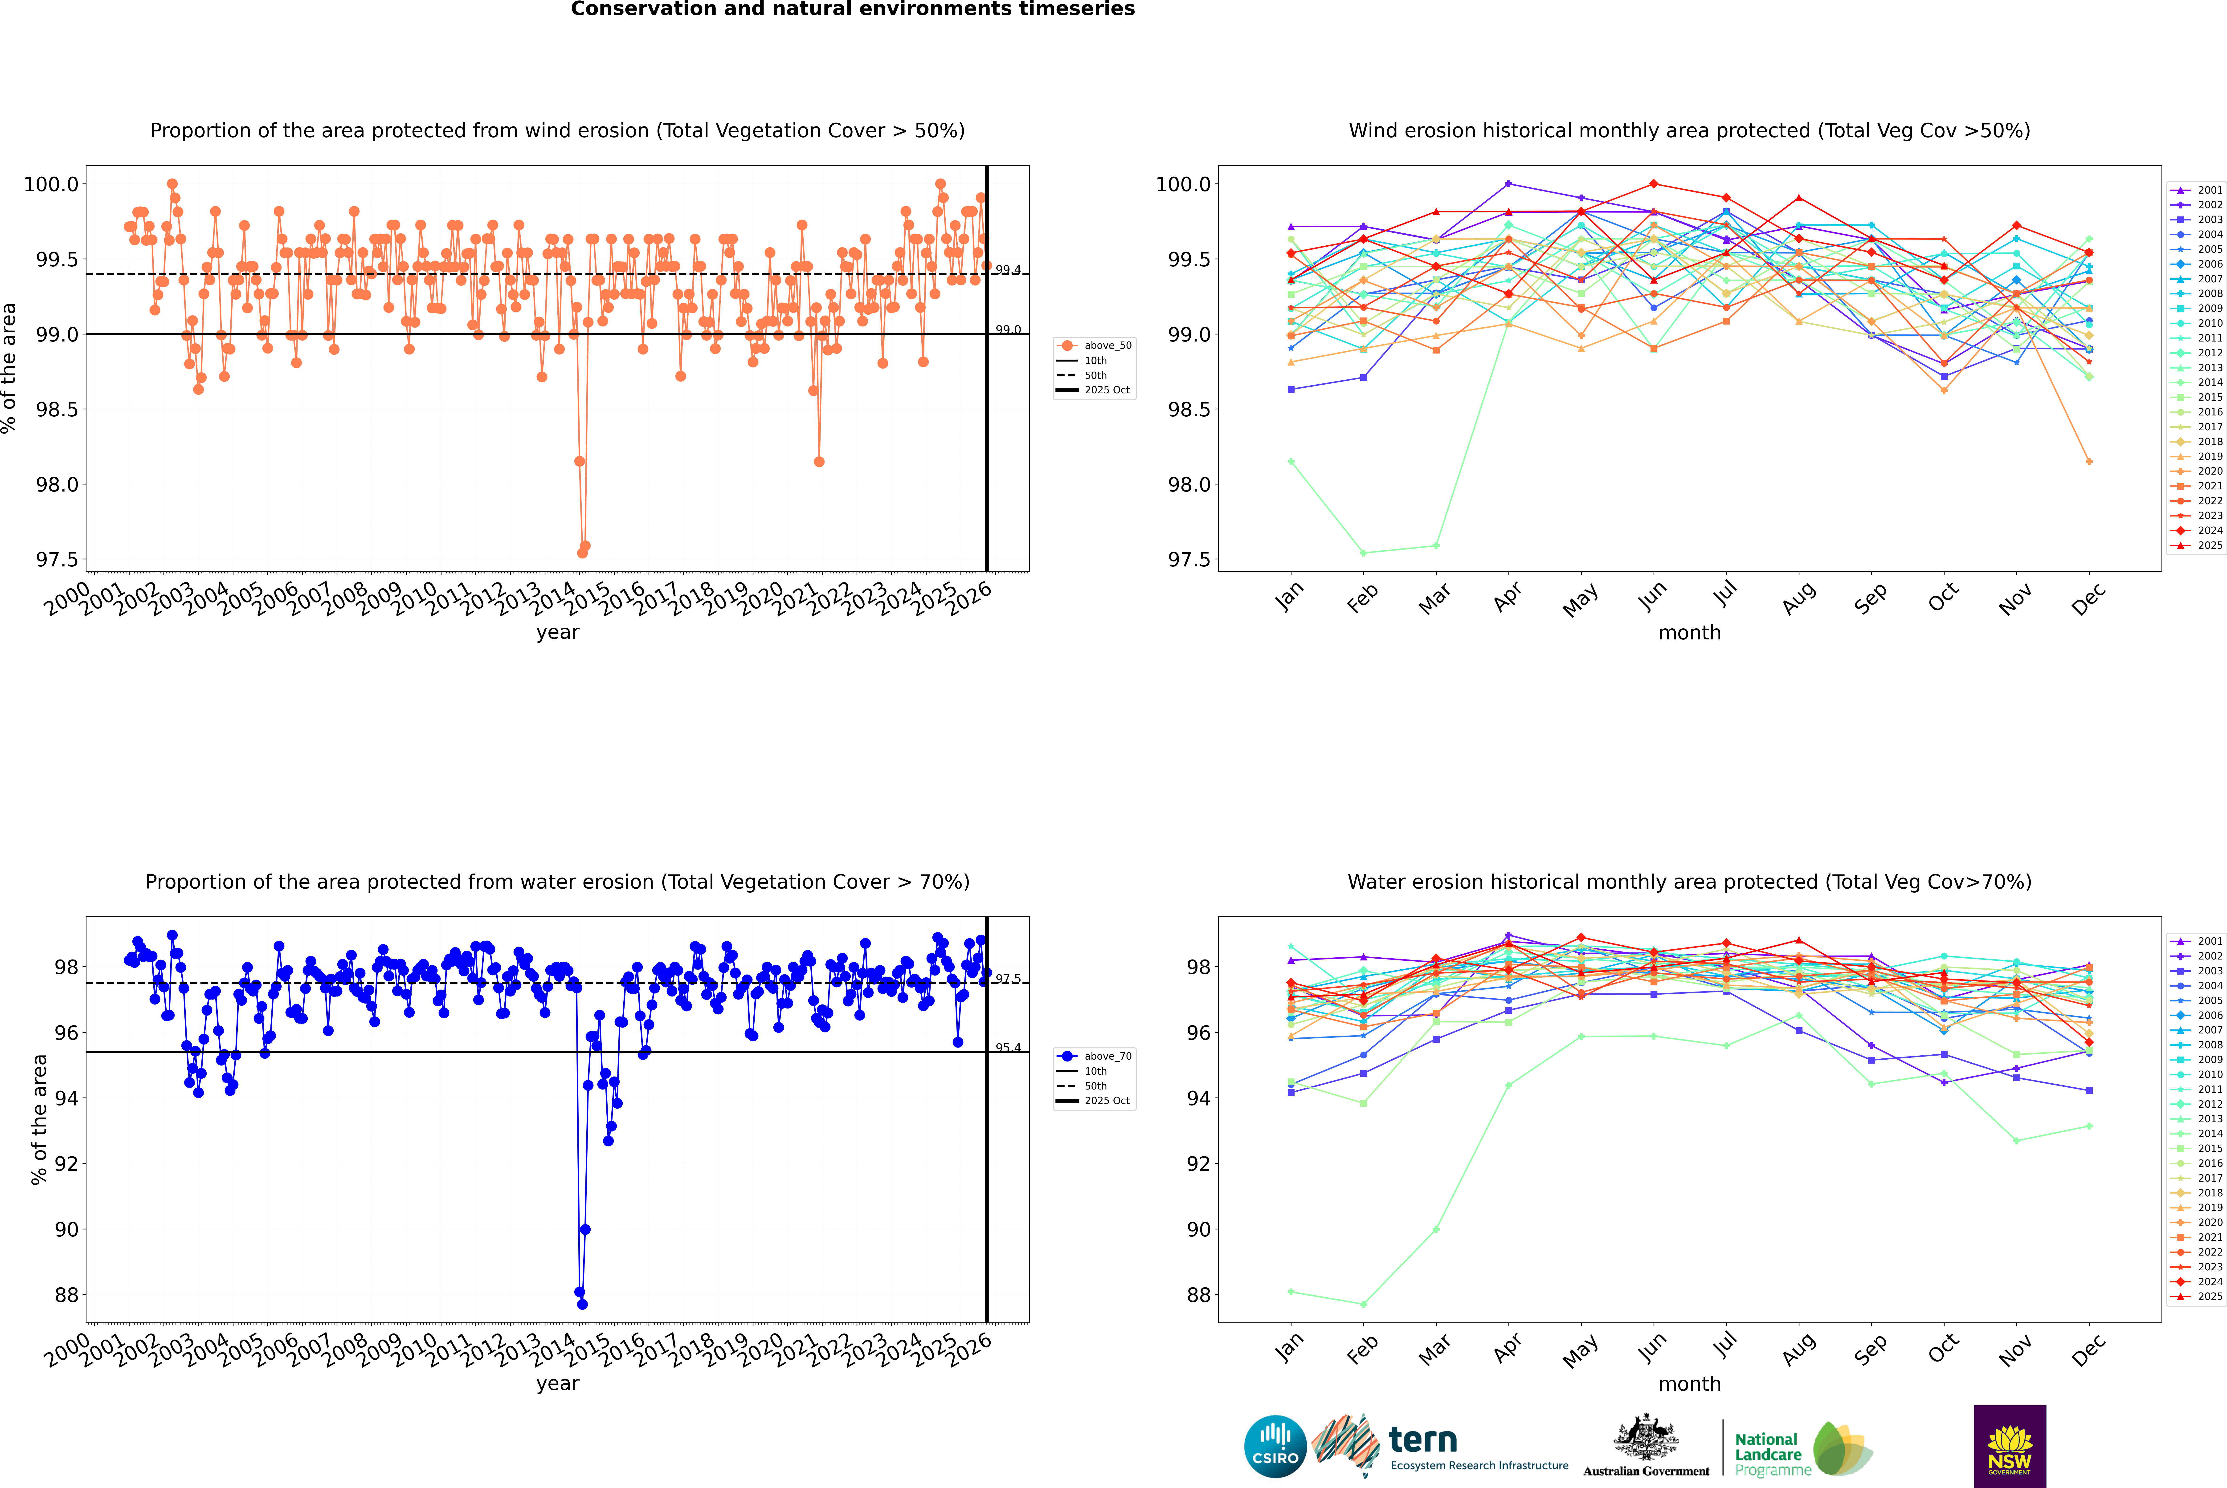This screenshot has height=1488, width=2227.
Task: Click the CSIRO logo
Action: (1275, 1446)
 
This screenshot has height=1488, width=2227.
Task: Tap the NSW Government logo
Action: (2010, 1446)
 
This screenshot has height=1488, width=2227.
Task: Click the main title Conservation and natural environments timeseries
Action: (852, 9)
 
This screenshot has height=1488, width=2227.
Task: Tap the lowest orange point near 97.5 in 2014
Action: (582, 552)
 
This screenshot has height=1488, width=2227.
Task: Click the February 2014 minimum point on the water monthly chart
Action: (1363, 1304)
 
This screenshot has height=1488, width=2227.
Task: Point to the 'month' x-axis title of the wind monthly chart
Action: (1689, 633)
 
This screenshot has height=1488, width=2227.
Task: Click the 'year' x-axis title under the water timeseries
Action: (557, 1384)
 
